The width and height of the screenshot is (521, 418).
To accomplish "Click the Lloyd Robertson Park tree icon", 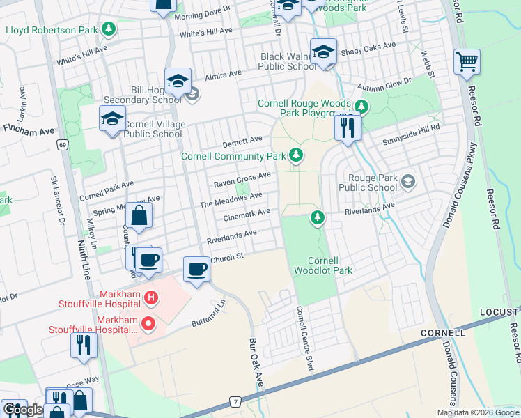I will [x=108, y=29].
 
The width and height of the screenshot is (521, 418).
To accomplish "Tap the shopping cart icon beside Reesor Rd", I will [x=467, y=61].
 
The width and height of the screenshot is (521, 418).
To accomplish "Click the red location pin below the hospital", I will [x=148, y=323].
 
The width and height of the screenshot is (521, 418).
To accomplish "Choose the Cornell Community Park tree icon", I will [x=297, y=155].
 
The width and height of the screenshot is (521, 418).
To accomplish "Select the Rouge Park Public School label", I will [x=367, y=183].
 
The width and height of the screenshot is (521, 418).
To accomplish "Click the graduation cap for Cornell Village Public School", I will [x=112, y=118].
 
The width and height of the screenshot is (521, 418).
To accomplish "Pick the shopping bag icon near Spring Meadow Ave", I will [x=139, y=216].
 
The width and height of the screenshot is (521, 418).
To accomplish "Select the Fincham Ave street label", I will [x=29, y=130].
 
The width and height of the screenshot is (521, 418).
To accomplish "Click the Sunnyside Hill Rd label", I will [x=412, y=129].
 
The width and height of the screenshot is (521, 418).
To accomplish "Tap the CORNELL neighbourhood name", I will [x=442, y=333].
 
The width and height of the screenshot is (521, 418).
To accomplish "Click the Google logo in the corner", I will [x=22, y=410].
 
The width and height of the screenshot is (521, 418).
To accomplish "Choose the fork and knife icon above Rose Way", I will [x=84, y=345].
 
